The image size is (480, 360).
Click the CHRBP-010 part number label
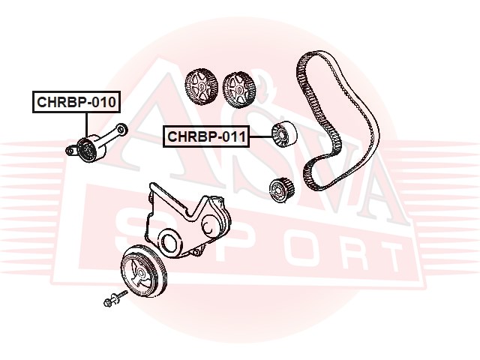click(76, 102)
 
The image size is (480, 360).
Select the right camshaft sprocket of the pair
click(238, 88)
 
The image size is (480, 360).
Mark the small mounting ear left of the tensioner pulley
click(70, 151)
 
